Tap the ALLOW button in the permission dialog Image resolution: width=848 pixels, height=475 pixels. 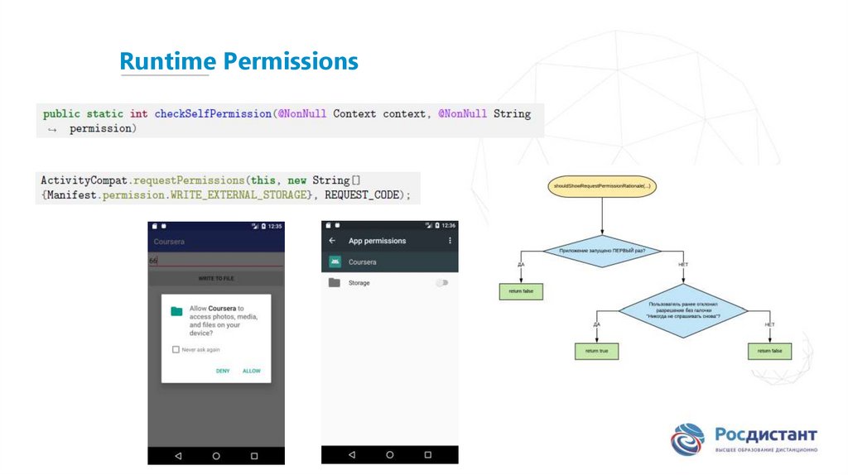tap(252, 371)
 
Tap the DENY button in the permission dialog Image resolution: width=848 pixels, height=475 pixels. tap(223, 371)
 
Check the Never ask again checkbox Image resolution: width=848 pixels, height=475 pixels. tap(176, 349)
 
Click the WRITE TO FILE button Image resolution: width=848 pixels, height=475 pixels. tap(215, 279)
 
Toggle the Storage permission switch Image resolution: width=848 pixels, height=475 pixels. tap(441, 283)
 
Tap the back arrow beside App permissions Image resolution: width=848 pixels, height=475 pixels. tap(332, 241)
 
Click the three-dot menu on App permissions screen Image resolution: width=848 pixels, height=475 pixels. tap(450, 241)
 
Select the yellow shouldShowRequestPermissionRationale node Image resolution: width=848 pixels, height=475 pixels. tap(602, 187)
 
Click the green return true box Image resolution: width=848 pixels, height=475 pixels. tap(596, 351)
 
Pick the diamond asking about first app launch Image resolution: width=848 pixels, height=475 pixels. tap(602, 250)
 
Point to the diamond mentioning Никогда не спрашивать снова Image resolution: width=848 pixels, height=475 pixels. tap(683, 311)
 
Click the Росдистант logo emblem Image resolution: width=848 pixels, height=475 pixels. tap(688, 439)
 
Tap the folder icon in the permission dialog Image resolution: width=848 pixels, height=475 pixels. tap(176, 311)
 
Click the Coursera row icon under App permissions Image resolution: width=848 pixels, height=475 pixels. tap(335, 261)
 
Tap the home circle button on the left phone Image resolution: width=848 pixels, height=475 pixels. tap(216, 456)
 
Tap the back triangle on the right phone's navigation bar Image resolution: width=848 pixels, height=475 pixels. tap(351, 455)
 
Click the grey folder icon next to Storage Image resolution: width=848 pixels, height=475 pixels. tap(335, 283)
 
